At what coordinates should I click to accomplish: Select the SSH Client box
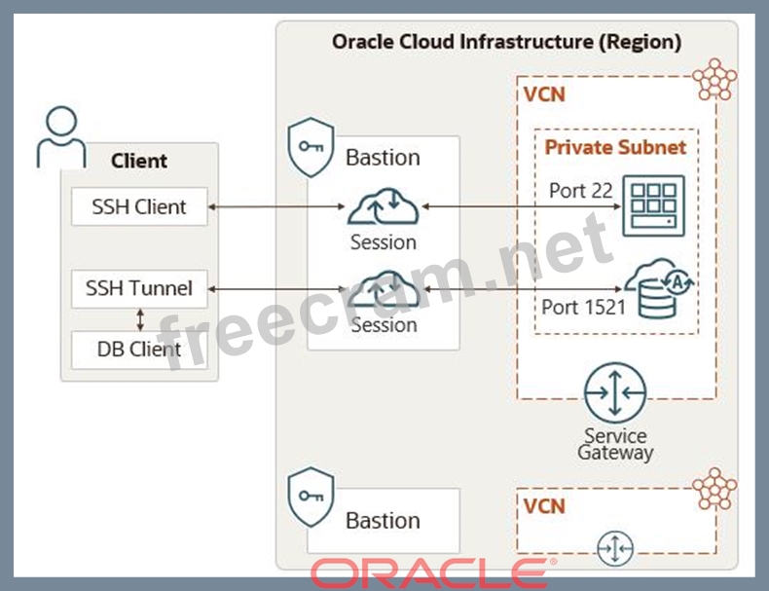139,206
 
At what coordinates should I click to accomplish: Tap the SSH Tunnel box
139,288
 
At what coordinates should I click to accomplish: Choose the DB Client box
139,349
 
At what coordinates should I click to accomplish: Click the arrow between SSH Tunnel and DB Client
140,318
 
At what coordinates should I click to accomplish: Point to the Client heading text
139,161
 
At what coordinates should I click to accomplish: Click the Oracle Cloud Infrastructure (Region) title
506,42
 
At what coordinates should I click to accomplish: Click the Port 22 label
580,191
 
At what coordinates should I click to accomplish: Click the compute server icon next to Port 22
654,204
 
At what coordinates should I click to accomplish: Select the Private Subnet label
615,148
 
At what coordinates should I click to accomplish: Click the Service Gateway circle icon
615,392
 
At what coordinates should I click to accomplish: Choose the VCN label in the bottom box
543,507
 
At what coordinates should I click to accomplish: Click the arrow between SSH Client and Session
277,206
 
